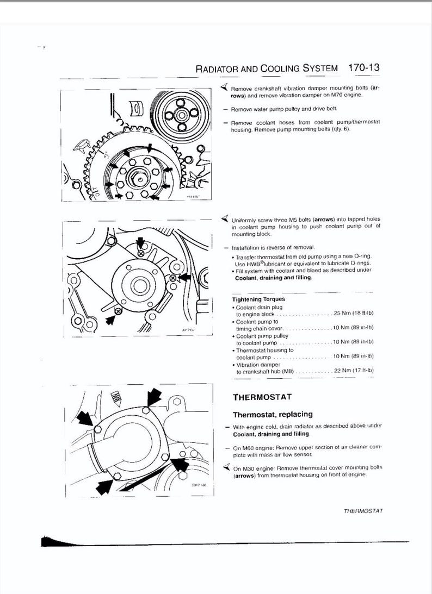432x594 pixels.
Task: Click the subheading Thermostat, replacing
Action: [273, 415]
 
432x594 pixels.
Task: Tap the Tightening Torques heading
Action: [258, 299]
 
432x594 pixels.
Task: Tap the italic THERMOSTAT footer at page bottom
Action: [363, 511]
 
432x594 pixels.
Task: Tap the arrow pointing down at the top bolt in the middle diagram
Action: [141, 241]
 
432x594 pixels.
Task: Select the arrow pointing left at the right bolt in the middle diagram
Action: [184, 277]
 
